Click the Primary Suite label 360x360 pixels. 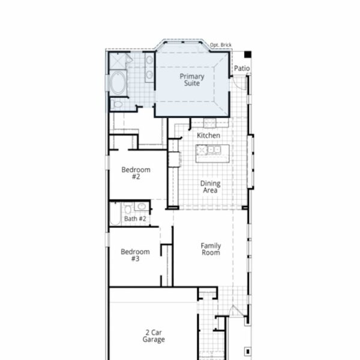(x=192, y=80)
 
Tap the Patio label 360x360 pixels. (x=242, y=68)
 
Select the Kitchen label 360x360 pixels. (x=208, y=136)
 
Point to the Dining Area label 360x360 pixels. (x=211, y=187)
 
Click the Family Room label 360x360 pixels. (x=211, y=249)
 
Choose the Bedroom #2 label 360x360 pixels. (x=136, y=173)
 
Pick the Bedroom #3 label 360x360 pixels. (x=135, y=255)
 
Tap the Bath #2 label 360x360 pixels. (x=135, y=219)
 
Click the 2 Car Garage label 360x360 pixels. (x=154, y=336)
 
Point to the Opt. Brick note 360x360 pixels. (x=221, y=45)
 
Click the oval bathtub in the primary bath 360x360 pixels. (x=118, y=83)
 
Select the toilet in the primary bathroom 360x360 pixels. (x=116, y=104)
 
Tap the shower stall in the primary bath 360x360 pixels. (x=118, y=61)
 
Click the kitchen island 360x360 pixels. (x=212, y=154)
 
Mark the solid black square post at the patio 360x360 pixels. (x=248, y=55)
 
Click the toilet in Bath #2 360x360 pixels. (x=128, y=208)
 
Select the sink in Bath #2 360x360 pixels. (x=142, y=206)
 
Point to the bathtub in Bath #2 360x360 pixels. (x=115, y=214)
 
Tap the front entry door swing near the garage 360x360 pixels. (x=236, y=311)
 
